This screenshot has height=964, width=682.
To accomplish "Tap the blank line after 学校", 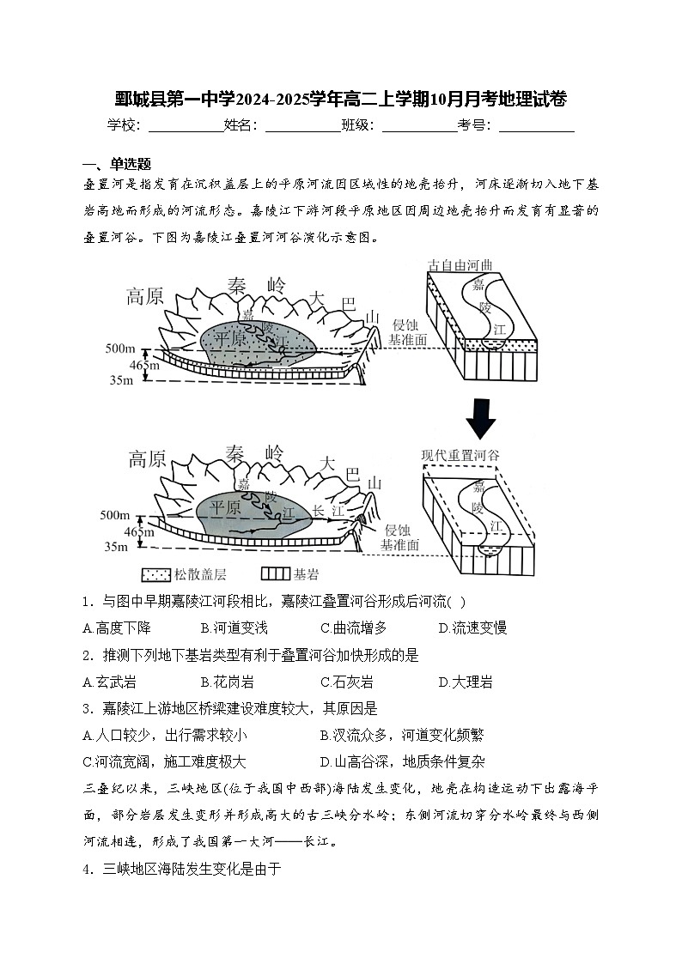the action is point(186,127).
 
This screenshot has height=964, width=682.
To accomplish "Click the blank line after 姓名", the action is point(302,127).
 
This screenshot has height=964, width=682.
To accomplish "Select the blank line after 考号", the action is point(536,127).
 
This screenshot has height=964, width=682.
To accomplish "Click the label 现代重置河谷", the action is point(460,454).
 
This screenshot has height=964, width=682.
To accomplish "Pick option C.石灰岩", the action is point(347,682).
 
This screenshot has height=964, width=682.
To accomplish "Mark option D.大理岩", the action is point(466,682).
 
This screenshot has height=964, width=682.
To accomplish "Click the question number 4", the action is point(87,869).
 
